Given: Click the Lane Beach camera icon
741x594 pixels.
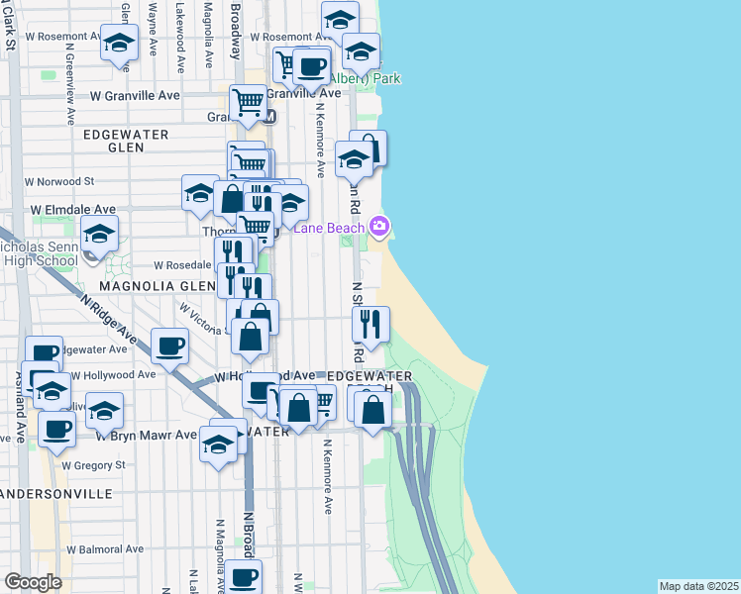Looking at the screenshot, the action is click(x=378, y=227).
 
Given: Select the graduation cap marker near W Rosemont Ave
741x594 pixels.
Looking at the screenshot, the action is click(x=120, y=45).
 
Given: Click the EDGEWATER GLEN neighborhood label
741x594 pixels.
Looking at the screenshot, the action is click(x=126, y=140).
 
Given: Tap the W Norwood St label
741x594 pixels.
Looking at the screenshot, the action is click(x=59, y=182).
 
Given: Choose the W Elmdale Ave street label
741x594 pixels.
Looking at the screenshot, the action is click(x=72, y=210).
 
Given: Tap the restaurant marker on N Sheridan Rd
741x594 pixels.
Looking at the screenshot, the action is click(x=370, y=323).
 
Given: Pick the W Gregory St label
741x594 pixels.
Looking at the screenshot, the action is click(x=93, y=464).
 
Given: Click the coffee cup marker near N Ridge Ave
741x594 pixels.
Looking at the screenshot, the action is click(x=170, y=346).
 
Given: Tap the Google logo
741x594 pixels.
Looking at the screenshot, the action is click(x=33, y=582).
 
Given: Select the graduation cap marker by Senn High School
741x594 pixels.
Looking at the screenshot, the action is click(x=99, y=236).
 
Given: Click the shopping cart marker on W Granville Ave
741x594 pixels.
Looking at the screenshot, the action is click(x=248, y=102).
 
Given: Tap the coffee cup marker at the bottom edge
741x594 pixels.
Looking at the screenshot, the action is click(x=243, y=577).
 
